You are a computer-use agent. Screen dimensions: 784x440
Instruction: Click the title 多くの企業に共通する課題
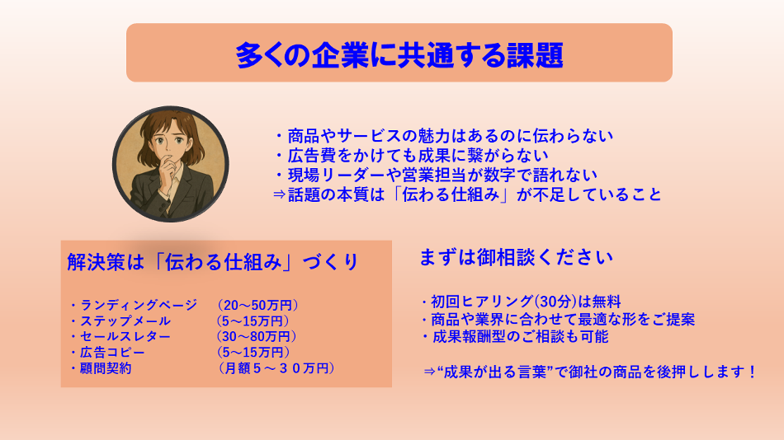coord(399,54)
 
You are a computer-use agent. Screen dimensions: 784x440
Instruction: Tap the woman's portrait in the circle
coord(171,164)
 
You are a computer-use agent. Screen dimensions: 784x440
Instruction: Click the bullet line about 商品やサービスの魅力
coord(443,136)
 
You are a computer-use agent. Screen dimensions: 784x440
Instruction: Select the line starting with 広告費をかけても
coord(410,156)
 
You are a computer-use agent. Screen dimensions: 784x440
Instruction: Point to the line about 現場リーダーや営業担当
coord(435,175)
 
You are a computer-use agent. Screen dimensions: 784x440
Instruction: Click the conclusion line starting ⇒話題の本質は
coord(467,194)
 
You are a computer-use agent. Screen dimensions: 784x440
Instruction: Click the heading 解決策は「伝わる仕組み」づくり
coord(213,262)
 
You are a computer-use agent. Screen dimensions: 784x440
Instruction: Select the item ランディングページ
coord(134,305)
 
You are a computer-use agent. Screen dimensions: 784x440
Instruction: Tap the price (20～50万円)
coord(257,305)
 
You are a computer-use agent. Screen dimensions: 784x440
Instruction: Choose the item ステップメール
coord(120,321)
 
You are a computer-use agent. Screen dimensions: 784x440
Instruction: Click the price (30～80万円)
coord(256,336)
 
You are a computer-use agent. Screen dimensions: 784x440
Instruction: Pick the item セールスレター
coord(120,336)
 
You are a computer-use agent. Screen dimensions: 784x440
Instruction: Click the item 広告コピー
coord(107,352)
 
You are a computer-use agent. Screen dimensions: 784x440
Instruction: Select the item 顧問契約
coord(101,368)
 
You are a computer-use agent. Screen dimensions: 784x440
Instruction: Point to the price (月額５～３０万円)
coord(276,368)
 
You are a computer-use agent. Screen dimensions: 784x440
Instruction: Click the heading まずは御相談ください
coord(516,257)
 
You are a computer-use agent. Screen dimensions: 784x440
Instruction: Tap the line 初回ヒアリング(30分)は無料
coord(521,302)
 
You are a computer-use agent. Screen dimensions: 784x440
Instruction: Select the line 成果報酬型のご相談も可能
coord(514,337)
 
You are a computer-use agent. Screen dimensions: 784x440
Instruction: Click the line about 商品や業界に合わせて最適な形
coord(558,319)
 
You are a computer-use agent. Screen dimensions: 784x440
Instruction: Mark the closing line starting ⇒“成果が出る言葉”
coord(590,372)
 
